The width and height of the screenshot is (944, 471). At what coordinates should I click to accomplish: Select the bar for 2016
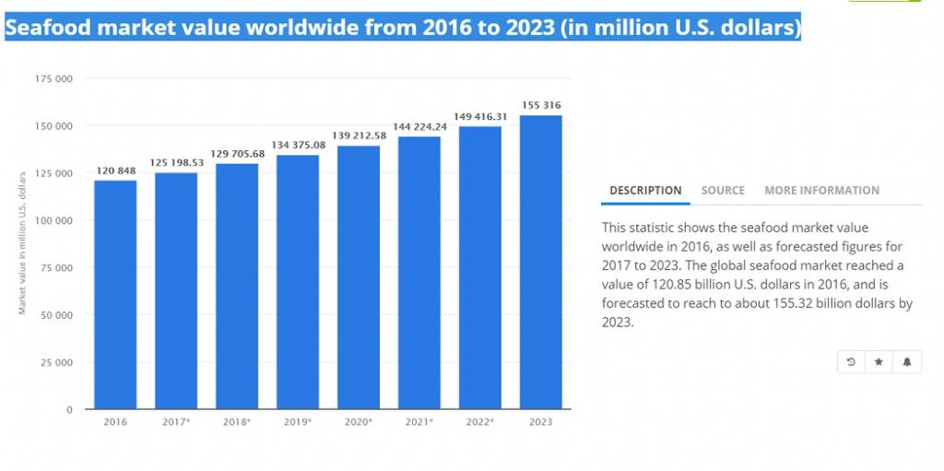coord(115,295)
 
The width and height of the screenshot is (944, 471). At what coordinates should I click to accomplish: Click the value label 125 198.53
coord(176,163)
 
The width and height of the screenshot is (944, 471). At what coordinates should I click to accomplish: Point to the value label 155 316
coord(541,105)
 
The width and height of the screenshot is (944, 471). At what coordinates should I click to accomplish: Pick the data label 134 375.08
coord(298,145)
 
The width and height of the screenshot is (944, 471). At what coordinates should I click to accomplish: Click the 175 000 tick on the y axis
coord(54,78)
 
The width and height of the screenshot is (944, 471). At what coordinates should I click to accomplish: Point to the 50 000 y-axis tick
coord(57,315)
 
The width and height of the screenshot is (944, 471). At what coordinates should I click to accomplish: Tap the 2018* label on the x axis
coord(237,422)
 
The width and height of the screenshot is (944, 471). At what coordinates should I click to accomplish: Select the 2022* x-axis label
coord(480,422)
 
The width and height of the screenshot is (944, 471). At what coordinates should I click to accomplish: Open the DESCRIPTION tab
coord(645,191)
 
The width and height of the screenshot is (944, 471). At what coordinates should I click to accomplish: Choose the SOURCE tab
coord(723,191)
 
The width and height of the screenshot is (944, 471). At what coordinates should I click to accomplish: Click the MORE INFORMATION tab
coord(821,191)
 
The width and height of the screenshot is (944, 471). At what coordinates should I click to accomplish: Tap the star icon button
coord(879,362)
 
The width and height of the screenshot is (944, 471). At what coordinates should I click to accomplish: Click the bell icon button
coord(907,362)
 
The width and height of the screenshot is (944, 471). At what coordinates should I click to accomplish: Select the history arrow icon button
coord(850,362)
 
